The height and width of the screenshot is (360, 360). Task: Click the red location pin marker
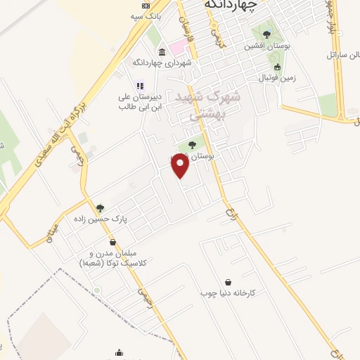(x=181, y=166)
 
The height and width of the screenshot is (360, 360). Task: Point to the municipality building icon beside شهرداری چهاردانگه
(x=162, y=51)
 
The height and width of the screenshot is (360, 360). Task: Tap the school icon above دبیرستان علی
(x=139, y=86)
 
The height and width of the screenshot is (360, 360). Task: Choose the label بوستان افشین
(x=263, y=46)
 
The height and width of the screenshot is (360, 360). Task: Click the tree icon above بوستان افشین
(x=265, y=32)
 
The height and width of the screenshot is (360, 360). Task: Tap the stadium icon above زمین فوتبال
(x=277, y=67)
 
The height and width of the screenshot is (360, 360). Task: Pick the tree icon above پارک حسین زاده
(x=100, y=208)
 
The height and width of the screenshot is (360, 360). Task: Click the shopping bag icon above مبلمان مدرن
(x=112, y=243)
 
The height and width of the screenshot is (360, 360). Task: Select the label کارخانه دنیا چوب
(x=232, y=292)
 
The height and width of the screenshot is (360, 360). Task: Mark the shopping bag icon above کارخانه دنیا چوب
(x=228, y=281)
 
